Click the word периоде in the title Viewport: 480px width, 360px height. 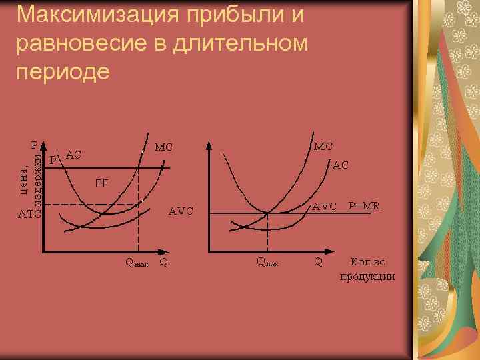pyautogui.click(x=61, y=71)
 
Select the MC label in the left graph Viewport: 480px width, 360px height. pyautogui.click(x=164, y=147)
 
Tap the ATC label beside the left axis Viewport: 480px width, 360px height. pyautogui.click(x=29, y=215)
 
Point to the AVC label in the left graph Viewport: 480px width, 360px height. pyautogui.click(x=181, y=211)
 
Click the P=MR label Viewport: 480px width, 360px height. pyautogui.click(x=364, y=206)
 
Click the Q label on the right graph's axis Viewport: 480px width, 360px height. pyautogui.click(x=319, y=261)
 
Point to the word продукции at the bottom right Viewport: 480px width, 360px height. pyautogui.click(x=367, y=277)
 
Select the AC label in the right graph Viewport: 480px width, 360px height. pyautogui.click(x=341, y=164)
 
